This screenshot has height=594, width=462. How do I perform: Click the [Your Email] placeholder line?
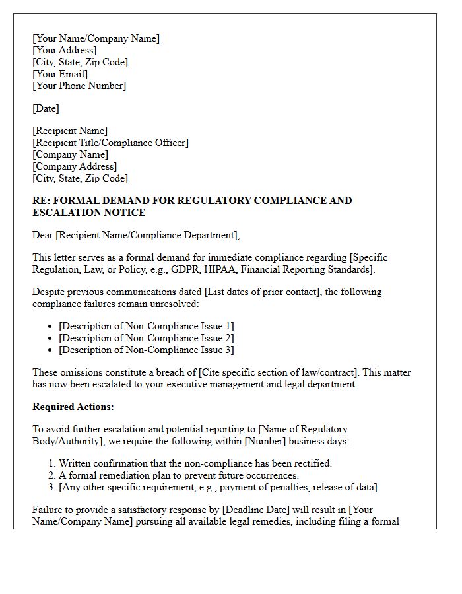pos(60,74)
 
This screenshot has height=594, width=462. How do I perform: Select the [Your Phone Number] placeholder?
pos(79,86)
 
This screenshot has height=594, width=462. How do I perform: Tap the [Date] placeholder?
pos(46,108)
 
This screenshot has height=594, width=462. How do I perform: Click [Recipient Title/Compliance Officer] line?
pos(110,143)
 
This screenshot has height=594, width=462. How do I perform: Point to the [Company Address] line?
pos(75,166)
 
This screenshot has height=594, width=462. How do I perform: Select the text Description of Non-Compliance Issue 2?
pos(147,338)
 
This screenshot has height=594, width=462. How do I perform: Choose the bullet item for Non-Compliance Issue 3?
pos(147,350)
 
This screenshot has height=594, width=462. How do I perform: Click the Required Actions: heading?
pos(73,407)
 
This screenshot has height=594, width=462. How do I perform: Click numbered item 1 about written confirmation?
pos(195,463)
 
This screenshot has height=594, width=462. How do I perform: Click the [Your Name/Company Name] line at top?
pos(96,38)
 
